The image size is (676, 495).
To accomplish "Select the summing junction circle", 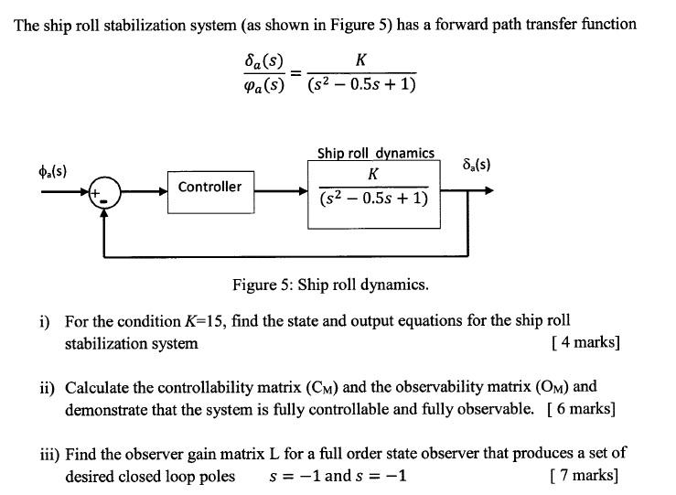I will pos(108,194).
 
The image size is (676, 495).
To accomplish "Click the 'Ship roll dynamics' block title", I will pos(375,153).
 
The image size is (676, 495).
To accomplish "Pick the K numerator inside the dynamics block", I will pos(373,174).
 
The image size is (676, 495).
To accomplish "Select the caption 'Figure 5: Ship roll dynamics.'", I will pos(330,285).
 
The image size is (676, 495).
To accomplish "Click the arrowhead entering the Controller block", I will pos(162,193).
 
